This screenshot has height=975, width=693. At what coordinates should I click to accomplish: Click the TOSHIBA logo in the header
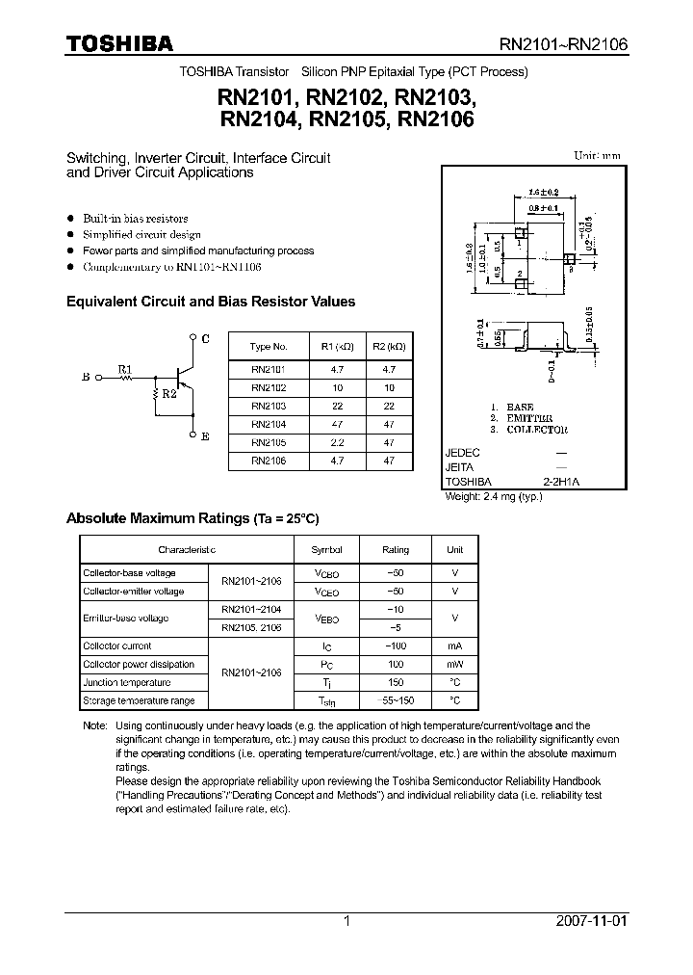[x=118, y=43]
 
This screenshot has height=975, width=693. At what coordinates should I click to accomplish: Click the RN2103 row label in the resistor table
[x=269, y=406]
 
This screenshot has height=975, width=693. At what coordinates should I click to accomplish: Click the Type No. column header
[x=269, y=346]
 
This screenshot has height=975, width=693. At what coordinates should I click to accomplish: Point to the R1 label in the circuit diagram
[x=124, y=368]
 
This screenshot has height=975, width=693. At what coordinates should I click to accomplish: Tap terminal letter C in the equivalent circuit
[x=205, y=338]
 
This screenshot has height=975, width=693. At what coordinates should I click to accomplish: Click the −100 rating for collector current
[x=395, y=646]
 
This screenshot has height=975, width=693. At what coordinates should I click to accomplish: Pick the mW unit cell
[x=454, y=664]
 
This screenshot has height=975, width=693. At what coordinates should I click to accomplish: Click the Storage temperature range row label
[x=139, y=700]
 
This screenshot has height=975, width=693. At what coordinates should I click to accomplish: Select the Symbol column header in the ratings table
[x=326, y=549]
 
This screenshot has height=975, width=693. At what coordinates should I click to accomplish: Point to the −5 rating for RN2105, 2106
[x=395, y=627]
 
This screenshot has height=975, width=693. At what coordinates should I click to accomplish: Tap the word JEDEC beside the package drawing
[x=462, y=452]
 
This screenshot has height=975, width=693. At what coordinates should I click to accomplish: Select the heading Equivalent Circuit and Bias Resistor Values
[x=211, y=302]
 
